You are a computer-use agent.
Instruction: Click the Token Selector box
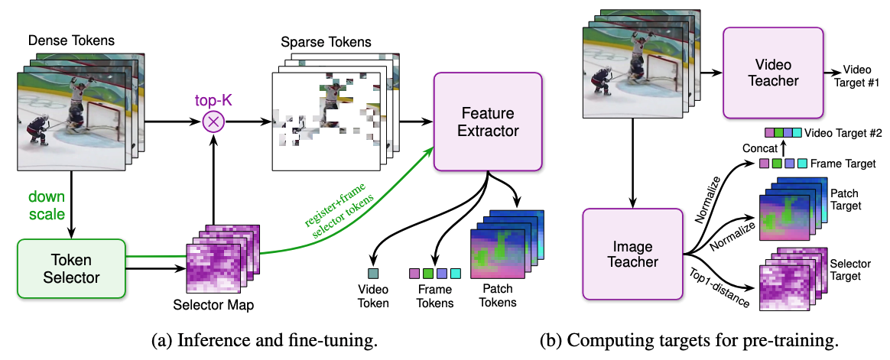[x=71, y=268]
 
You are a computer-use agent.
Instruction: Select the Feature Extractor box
[x=488, y=122]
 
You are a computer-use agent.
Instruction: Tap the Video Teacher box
[x=773, y=72]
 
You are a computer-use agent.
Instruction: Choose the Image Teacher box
[x=632, y=253]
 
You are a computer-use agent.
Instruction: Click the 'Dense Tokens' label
[x=71, y=41]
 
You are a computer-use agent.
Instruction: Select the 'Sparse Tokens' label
[x=326, y=42]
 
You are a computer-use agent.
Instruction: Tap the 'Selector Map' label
[x=213, y=305]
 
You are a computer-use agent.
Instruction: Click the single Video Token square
[x=373, y=274]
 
